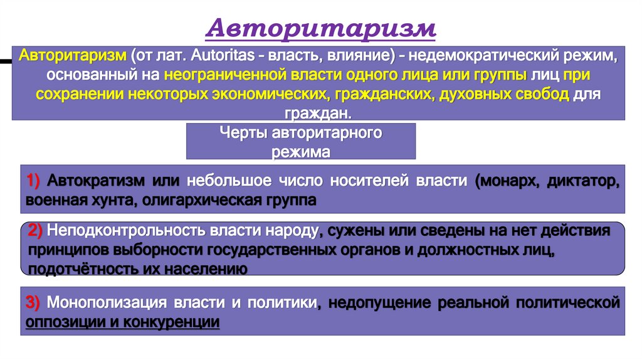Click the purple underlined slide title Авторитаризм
click(x=320, y=29)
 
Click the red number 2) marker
click(x=35, y=230)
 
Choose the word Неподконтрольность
click(x=120, y=230)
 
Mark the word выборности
click(x=150, y=250)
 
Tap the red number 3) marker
click(x=34, y=303)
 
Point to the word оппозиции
click(x=60, y=322)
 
